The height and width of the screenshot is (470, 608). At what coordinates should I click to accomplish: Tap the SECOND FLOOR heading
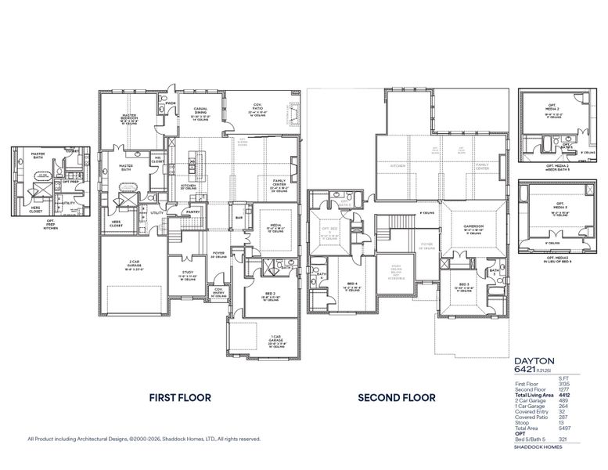396,398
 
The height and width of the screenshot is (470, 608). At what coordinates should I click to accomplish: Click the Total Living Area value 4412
564,395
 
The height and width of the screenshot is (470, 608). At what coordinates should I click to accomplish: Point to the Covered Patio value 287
565,418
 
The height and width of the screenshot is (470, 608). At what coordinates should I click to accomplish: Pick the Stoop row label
523,423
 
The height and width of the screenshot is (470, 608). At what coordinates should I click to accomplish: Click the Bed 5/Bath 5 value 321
565,440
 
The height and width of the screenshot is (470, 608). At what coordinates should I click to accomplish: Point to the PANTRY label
192,211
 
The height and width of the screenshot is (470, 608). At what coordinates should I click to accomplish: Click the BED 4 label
352,284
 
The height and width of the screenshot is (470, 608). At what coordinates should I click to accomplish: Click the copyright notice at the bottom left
144,439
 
